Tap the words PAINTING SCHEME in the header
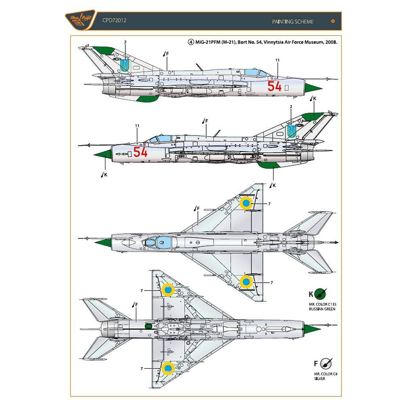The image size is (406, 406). (293, 21)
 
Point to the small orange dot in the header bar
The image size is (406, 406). (333, 21)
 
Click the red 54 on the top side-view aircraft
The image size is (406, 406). (274, 86)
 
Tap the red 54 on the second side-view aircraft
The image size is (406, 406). (140, 152)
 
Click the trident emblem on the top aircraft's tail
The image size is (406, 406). (125, 64)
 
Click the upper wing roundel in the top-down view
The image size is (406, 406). (246, 203)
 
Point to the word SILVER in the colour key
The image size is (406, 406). (319, 378)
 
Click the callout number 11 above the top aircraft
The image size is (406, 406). (277, 60)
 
